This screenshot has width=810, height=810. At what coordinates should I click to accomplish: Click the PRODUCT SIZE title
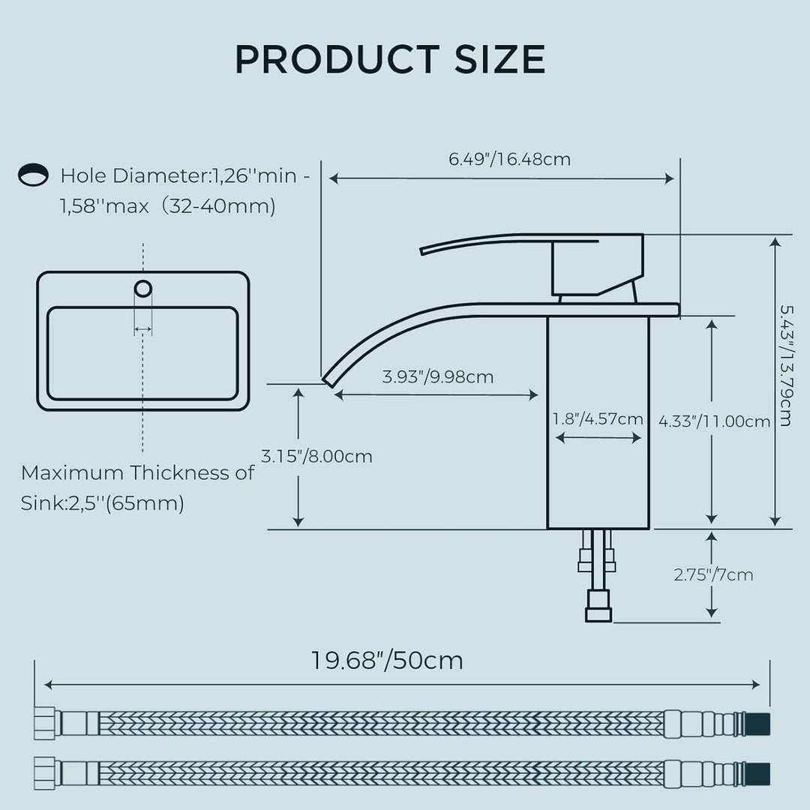tap(390, 59)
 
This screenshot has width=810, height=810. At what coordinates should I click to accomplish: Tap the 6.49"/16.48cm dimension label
tap(509, 159)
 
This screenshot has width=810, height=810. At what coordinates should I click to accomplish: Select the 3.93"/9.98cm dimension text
tap(437, 376)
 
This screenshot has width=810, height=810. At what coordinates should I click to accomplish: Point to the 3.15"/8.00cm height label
tap(316, 456)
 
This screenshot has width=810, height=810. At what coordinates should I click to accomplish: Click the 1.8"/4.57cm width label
tap(598, 418)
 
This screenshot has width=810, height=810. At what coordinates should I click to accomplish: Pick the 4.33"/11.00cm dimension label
tap(715, 421)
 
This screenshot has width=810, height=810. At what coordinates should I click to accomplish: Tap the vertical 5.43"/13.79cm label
tap(785, 366)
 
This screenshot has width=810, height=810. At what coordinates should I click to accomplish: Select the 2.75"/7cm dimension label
tap(713, 574)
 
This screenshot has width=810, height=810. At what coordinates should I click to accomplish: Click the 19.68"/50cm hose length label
tap(387, 660)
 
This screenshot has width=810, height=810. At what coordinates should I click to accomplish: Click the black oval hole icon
tap(33, 175)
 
